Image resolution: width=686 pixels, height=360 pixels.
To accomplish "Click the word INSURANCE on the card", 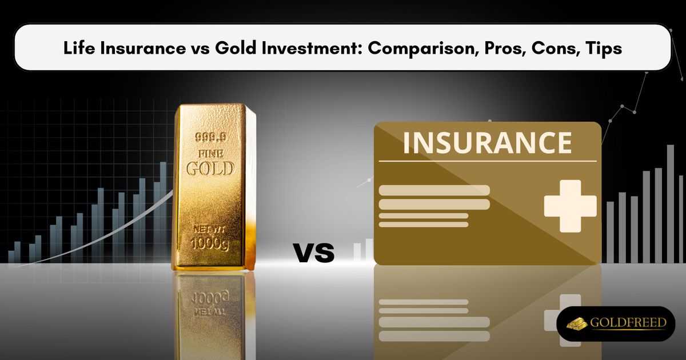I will (x=487, y=142).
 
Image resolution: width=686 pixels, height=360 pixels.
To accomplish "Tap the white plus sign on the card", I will (x=570, y=206).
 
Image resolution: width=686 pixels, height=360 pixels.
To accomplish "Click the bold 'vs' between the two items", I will (x=314, y=252).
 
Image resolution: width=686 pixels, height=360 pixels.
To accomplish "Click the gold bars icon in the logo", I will (x=577, y=323).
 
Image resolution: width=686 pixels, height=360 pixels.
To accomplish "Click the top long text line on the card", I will (x=434, y=190).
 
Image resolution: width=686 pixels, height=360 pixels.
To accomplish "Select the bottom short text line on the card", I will (x=424, y=225).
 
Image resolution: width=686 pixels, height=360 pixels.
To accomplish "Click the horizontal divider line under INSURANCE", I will (x=487, y=161).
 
